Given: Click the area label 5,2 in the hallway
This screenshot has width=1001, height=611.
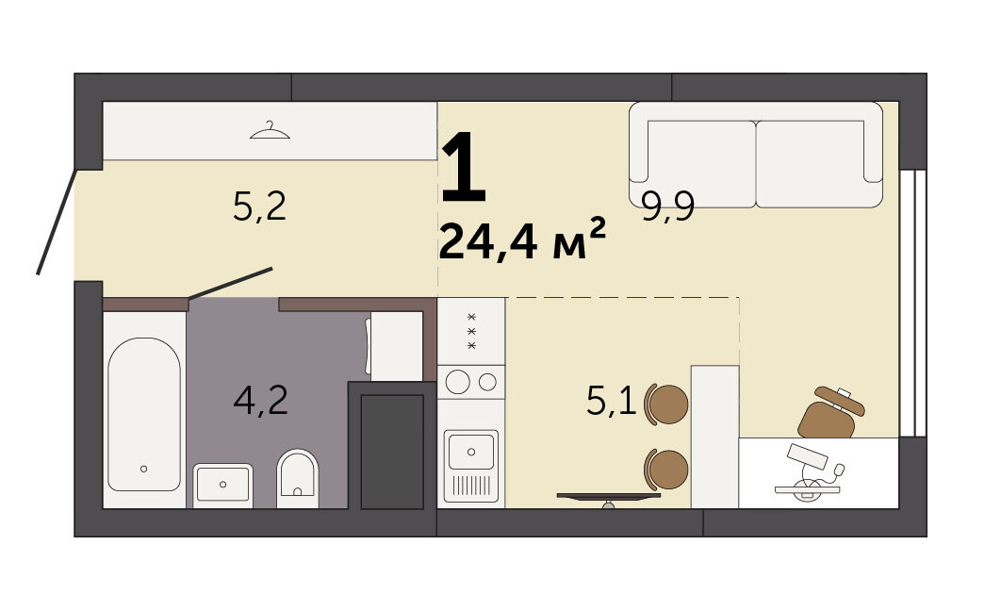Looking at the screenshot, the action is pos(259,206).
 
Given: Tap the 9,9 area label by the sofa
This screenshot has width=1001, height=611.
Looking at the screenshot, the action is pos(668,206).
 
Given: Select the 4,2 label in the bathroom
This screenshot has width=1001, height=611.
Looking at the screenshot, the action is pos(260,401).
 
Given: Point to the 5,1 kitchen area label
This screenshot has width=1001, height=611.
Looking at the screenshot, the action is pos(611,402).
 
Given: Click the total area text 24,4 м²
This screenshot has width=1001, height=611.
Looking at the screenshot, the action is pos(521,239).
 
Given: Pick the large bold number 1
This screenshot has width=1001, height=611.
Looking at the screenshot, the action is pos(464,166).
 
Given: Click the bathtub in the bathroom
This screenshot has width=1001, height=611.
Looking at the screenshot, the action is pos(143,414).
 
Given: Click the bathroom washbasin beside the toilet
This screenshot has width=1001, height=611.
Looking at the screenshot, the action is pos(222,484).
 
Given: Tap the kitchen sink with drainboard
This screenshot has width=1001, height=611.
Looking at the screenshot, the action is pos(471,466).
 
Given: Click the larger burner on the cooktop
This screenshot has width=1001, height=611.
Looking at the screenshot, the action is pos(458,382).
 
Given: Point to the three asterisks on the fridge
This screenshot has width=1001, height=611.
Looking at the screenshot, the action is pos(472,331).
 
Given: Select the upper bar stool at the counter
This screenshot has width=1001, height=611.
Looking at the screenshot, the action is pos(666,405).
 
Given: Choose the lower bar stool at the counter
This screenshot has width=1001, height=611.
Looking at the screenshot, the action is pos(666,470).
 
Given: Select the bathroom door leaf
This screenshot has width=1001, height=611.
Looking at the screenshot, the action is pos(231,284).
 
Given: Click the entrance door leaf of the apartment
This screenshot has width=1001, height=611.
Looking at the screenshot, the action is pos(57,222).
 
